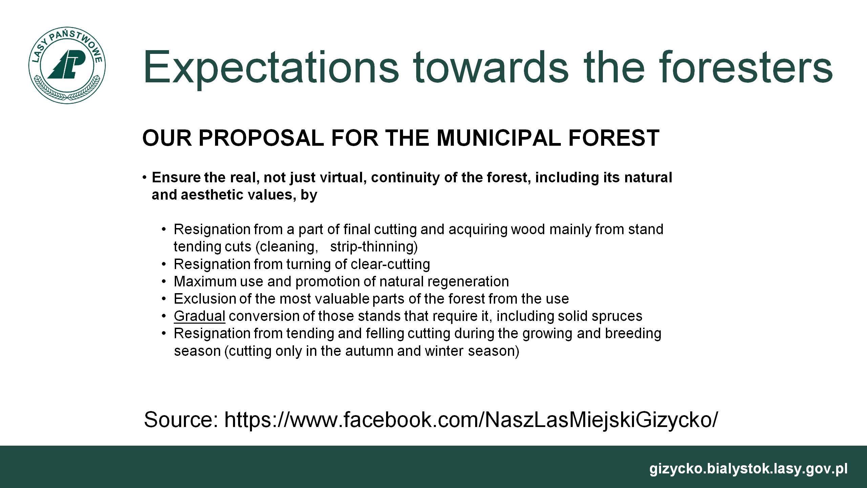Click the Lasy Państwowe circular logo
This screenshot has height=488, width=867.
67,66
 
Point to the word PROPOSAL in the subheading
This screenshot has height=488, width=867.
261,138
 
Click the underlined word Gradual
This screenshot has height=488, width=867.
199,316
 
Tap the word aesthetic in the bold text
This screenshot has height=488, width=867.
214,195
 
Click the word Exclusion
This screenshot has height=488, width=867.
205,299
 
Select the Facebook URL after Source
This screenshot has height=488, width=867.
471,420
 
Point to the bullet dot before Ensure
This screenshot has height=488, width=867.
145,178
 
